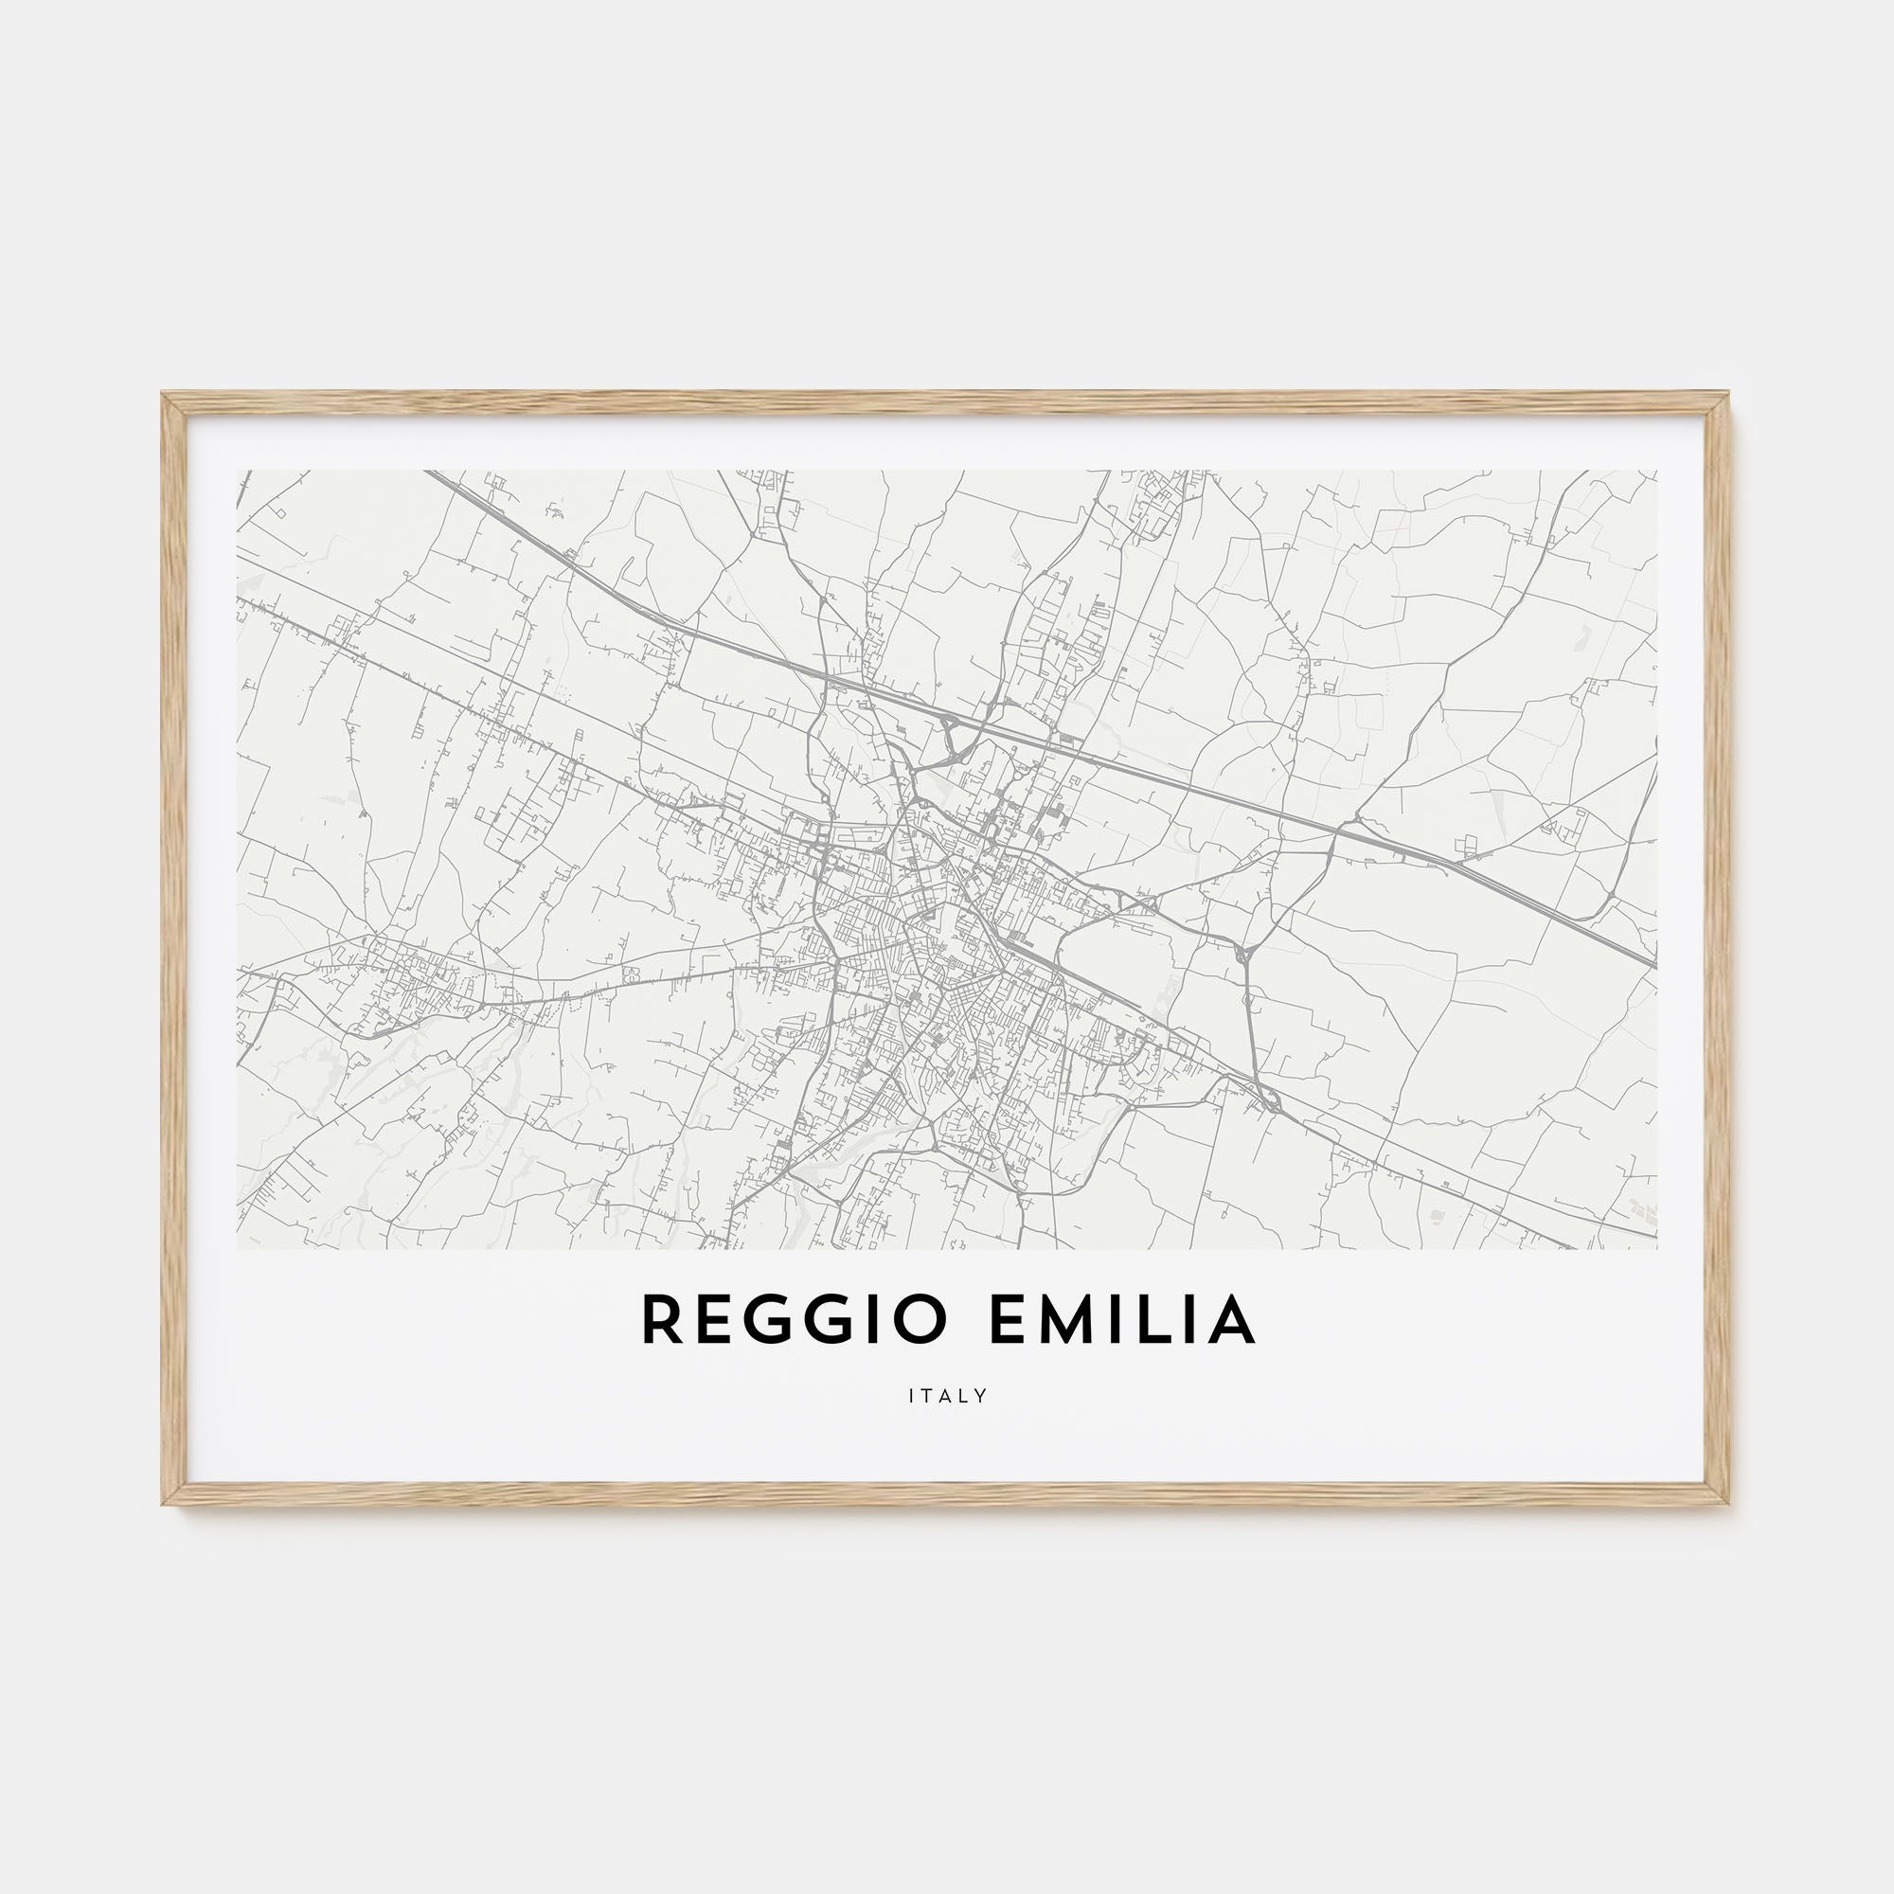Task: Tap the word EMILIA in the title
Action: [1123, 1320]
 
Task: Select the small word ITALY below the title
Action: [948, 1395]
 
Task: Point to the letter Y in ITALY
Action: [981, 1395]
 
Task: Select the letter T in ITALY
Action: [927, 1395]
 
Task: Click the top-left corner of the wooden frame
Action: [164, 394]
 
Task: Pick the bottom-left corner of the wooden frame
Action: [164, 1504]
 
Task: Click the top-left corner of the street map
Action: [238, 471]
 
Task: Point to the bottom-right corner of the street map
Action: [1656, 1248]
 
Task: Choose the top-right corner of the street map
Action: [1656, 471]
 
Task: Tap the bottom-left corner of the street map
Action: [238, 1248]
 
